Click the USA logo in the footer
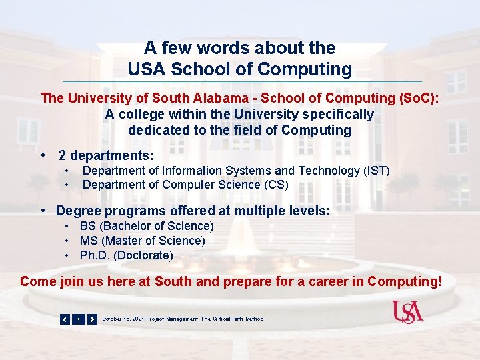point(407,311)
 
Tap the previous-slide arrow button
point(65,319)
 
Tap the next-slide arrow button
point(92,319)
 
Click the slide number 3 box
point(79,319)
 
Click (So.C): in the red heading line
point(418,98)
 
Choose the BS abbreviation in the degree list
point(87,226)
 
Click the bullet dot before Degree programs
point(42,211)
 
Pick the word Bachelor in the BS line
point(123,226)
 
